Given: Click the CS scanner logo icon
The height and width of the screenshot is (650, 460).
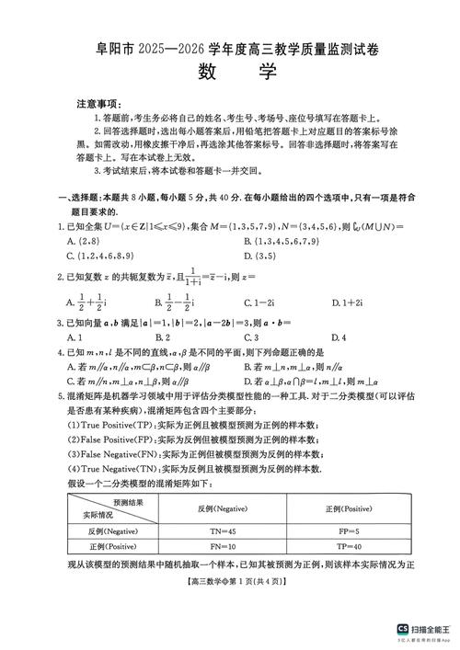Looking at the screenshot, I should [402, 629].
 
